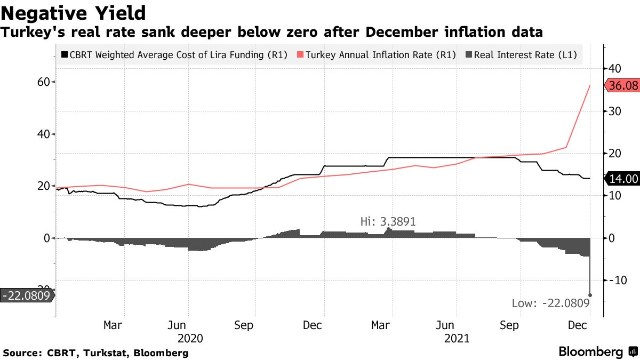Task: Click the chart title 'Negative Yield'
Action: tap(74, 12)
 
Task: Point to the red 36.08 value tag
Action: tap(622, 85)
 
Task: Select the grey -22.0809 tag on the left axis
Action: tap(27, 295)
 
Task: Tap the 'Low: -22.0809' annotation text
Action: tap(550, 303)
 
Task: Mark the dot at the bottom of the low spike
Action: tap(590, 295)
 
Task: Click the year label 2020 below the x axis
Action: tap(190, 339)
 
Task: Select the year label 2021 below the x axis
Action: tap(457, 339)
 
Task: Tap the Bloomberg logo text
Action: tap(590, 352)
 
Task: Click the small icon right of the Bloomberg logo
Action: tap(633, 352)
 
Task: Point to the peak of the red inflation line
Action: tap(590, 85)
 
